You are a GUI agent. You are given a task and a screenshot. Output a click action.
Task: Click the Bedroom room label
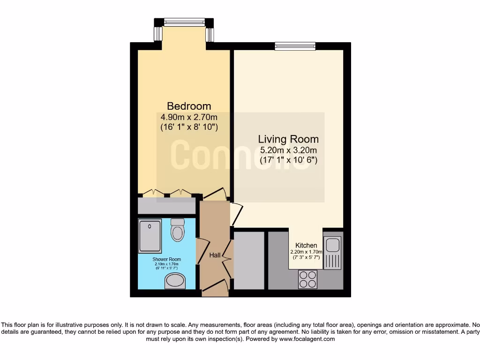pyautogui.click(x=189, y=106)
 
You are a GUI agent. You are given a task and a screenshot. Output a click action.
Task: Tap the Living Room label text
pyautogui.click(x=288, y=139)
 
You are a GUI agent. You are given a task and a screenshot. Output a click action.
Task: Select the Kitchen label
pyautogui.click(x=306, y=246)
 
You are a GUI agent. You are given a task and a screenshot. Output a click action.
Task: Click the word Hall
pyautogui.click(x=215, y=255)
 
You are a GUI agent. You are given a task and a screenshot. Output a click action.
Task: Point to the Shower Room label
pyautogui.click(x=166, y=259)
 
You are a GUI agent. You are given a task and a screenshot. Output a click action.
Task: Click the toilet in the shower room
pyautogui.click(x=178, y=229)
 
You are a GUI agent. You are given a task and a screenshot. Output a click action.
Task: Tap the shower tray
pyautogui.click(x=150, y=235)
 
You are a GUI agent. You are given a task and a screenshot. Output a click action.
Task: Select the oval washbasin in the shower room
pyautogui.click(x=175, y=281)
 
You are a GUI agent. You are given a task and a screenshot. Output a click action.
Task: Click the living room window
pyautogui.click(x=295, y=46)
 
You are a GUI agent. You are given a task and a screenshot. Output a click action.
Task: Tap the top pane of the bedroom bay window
pyautogui.click(x=184, y=22)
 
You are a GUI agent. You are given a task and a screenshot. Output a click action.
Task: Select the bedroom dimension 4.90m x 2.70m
pyautogui.click(x=189, y=117)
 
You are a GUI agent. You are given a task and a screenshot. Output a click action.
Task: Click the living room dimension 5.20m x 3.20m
pyautogui.click(x=289, y=150)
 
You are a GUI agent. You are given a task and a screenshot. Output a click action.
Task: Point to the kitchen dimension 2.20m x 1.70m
pyautogui.click(x=306, y=252)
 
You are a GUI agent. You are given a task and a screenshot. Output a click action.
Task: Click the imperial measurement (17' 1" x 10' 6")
pyautogui.click(x=289, y=160)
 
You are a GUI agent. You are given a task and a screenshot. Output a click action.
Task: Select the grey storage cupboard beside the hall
pyautogui.click(x=249, y=260)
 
